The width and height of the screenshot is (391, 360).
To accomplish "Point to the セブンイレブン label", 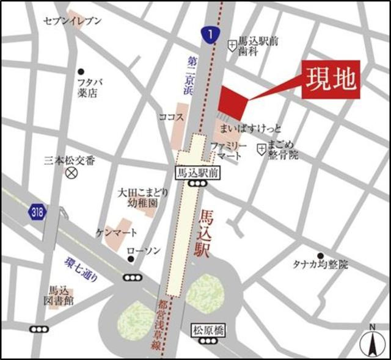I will [x=72, y=21].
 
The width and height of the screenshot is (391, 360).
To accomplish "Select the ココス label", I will [x=170, y=117].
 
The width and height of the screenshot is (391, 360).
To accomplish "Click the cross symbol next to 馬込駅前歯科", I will [x=232, y=45].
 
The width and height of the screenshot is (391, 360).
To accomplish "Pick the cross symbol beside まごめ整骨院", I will [x=261, y=148].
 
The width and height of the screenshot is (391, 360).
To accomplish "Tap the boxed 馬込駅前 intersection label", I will [x=196, y=172].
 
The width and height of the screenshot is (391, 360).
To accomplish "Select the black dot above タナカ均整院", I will [x=320, y=255].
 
